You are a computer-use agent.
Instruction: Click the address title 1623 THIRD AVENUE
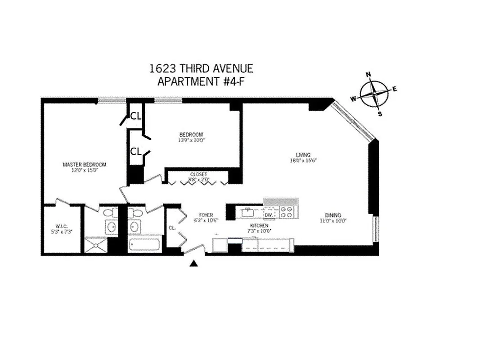click(201, 69)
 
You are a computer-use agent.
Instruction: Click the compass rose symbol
click(374, 94)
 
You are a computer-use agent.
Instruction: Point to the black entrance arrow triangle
click(194, 264)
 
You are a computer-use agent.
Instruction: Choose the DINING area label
click(333, 218)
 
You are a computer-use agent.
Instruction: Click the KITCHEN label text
click(260, 228)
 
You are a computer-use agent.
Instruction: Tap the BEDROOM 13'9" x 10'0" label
click(191, 137)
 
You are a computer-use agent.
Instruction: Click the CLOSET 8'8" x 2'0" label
click(198, 176)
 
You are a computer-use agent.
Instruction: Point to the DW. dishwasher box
click(269, 215)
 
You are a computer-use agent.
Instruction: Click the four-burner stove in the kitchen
click(286, 212)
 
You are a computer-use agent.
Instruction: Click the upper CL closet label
click(135, 116)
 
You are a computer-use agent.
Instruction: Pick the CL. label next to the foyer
click(172, 228)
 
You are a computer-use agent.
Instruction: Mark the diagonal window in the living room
click(352, 120)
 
